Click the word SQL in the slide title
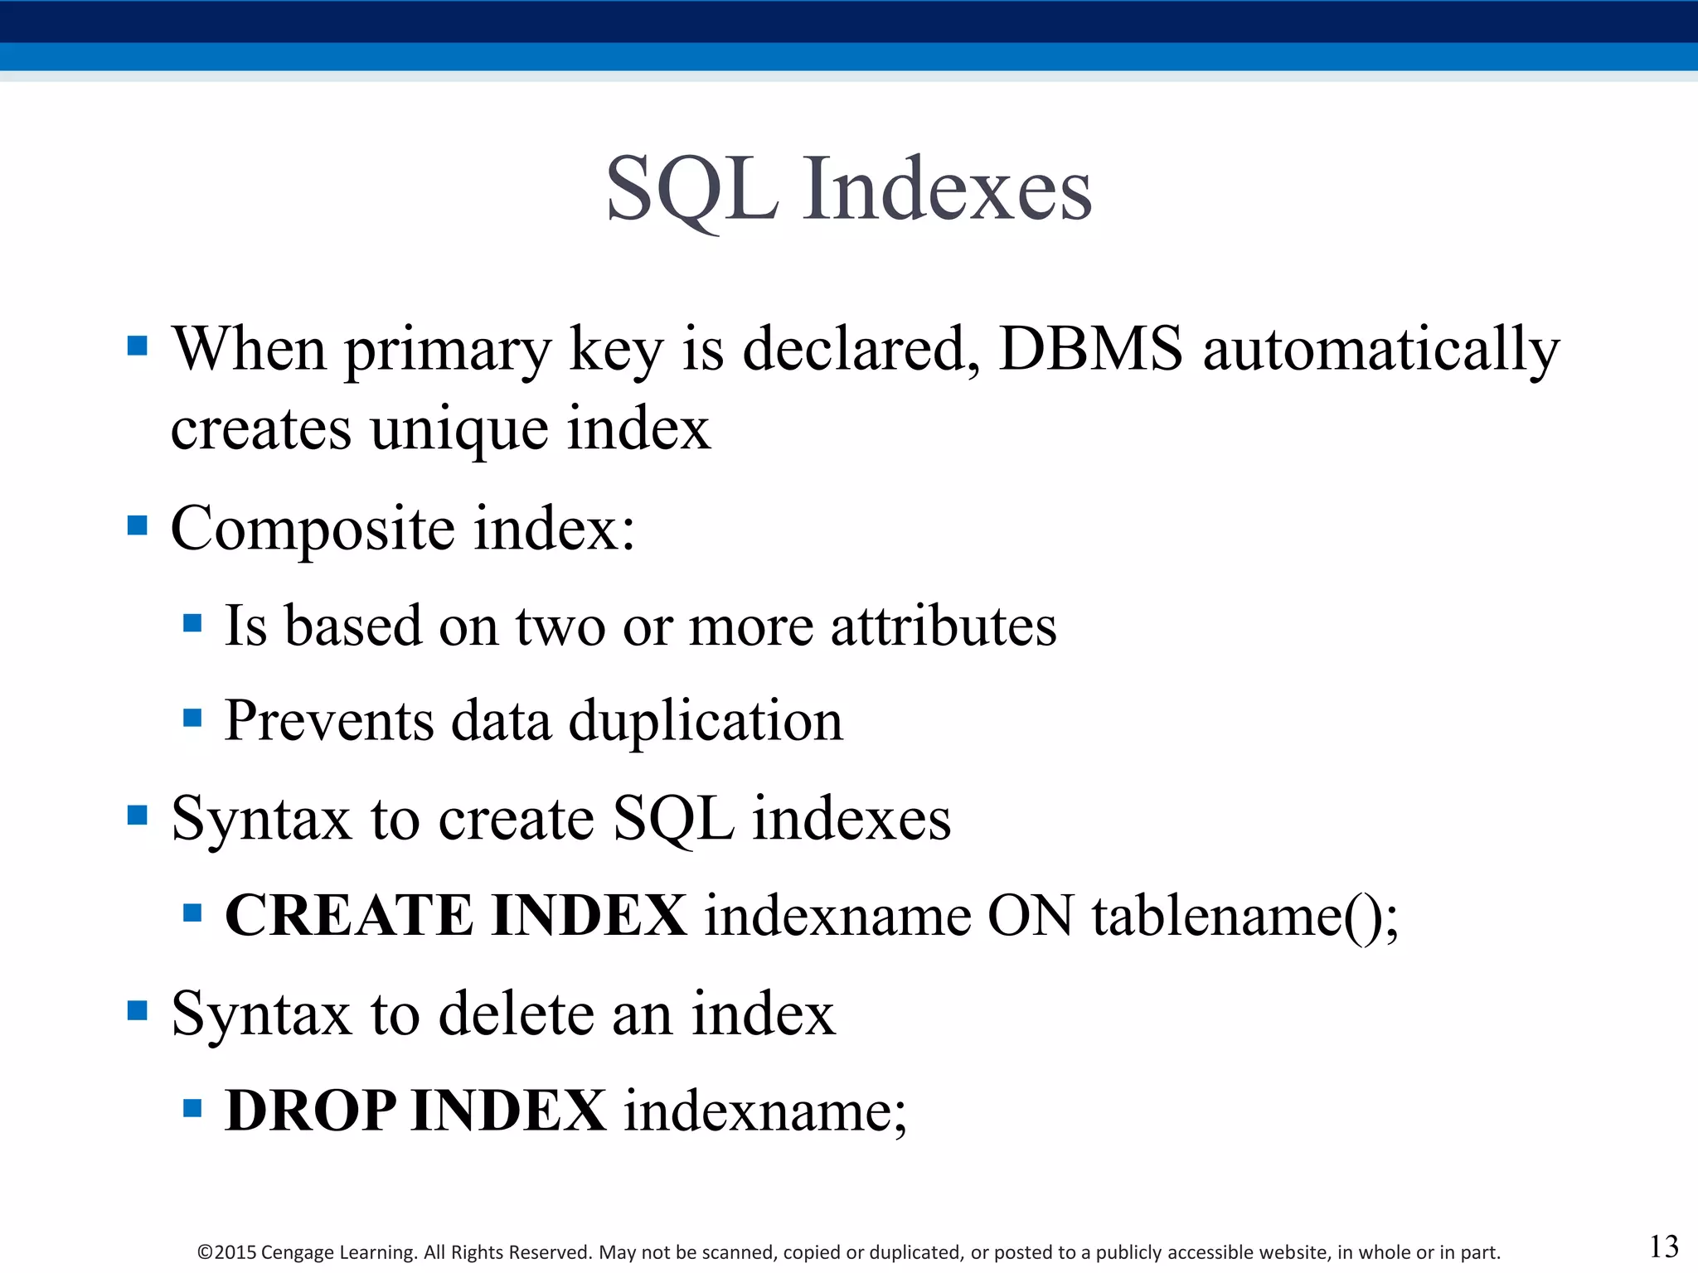[x=692, y=191]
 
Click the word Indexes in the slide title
[x=947, y=191]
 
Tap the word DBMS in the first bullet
[x=1090, y=349]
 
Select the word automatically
[x=1380, y=351]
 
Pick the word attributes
[x=944, y=626]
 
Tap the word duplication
[x=705, y=721]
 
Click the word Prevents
[x=329, y=719]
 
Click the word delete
[x=515, y=1014]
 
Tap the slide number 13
[x=1663, y=1246]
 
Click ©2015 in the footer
[x=226, y=1252]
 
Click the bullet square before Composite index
[x=138, y=525]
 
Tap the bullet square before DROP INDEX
[x=192, y=1108]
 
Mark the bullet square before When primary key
[x=138, y=346]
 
